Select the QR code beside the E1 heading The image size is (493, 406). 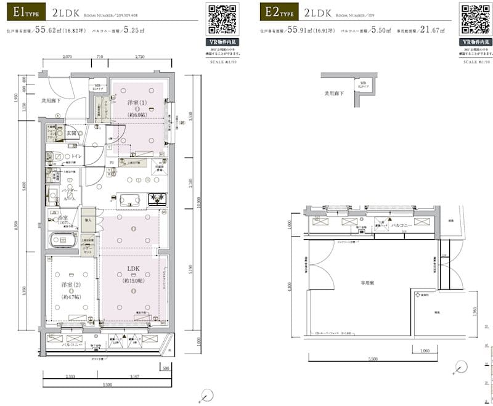[222, 18]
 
